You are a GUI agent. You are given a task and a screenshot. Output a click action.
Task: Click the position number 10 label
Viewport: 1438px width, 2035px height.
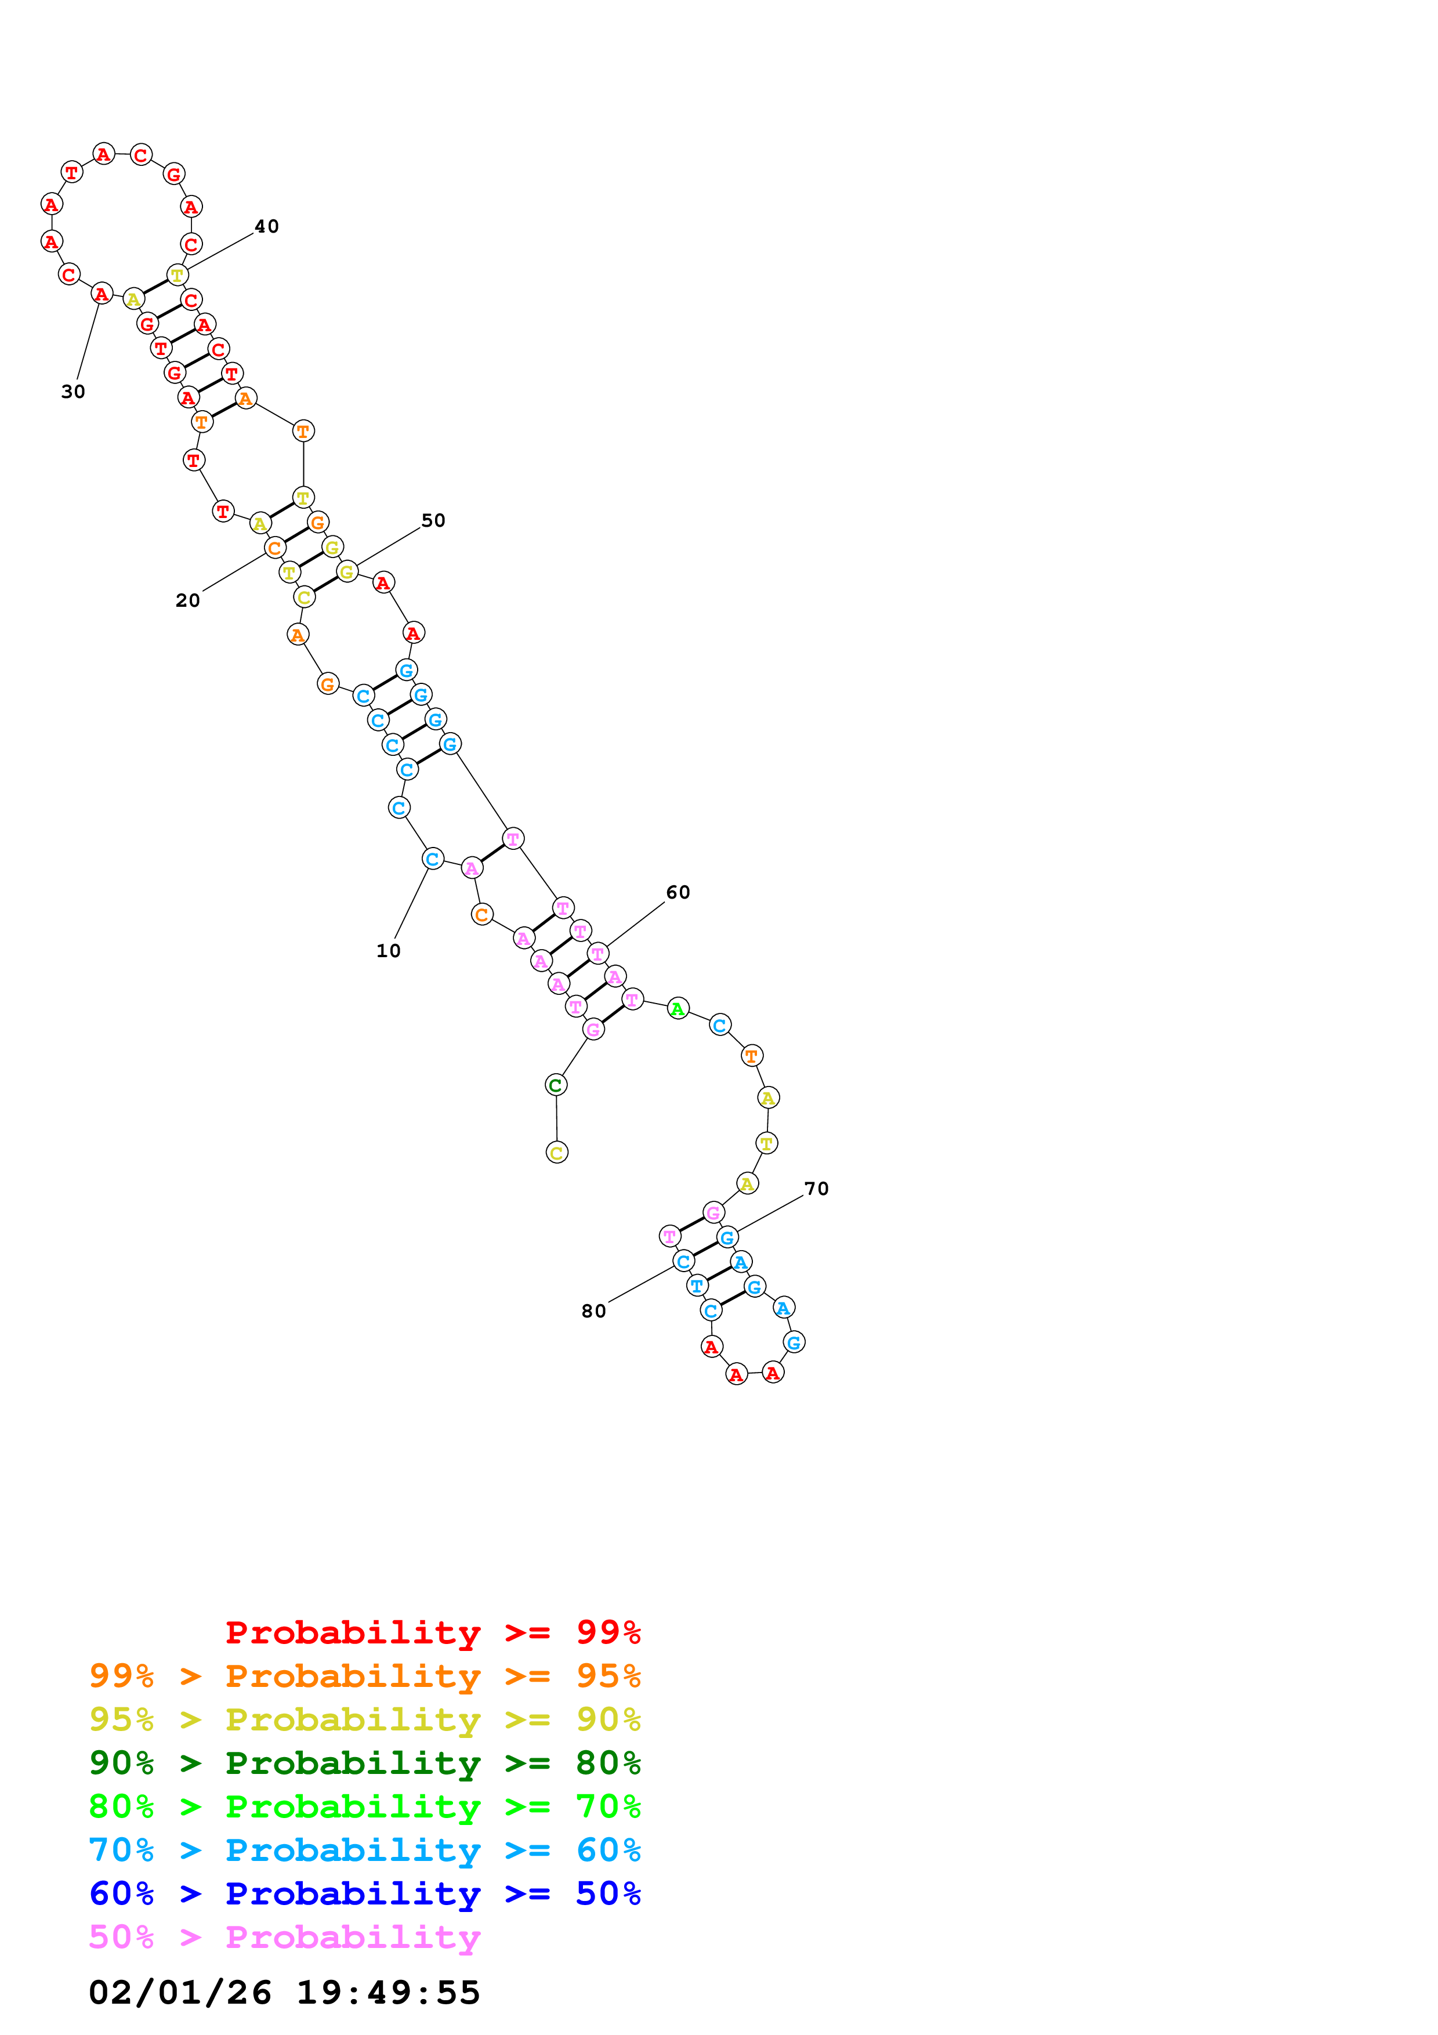point(388,951)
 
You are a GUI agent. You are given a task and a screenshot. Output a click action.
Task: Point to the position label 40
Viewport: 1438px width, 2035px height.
point(267,227)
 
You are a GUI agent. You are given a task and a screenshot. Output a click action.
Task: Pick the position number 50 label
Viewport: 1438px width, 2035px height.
point(433,521)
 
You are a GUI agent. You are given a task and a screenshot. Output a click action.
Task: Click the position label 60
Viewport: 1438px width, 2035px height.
point(678,893)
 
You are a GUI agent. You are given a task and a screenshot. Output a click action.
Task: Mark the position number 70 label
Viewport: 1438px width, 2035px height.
point(816,1189)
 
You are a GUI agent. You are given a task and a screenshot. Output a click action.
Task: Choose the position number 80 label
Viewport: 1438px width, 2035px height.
point(593,1312)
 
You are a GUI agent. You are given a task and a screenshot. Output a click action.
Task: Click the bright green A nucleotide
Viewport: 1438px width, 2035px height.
point(678,1009)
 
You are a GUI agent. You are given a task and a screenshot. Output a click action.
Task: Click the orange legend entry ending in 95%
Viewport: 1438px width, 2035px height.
point(365,1676)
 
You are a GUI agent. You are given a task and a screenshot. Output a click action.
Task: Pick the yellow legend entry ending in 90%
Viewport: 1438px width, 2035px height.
point(365,1719)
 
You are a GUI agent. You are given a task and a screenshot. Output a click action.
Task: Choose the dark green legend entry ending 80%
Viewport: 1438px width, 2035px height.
point(365,1763)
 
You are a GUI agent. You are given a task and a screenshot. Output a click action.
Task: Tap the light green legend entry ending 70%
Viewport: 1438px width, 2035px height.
point(365,1806)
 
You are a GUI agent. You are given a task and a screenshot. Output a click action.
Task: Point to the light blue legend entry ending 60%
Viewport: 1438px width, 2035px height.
point(365,1850)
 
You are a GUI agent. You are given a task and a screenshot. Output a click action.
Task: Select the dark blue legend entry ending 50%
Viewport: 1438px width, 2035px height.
point(365,1893)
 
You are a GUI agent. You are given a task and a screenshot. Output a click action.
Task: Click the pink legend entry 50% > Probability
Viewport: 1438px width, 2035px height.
point(284,1936)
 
